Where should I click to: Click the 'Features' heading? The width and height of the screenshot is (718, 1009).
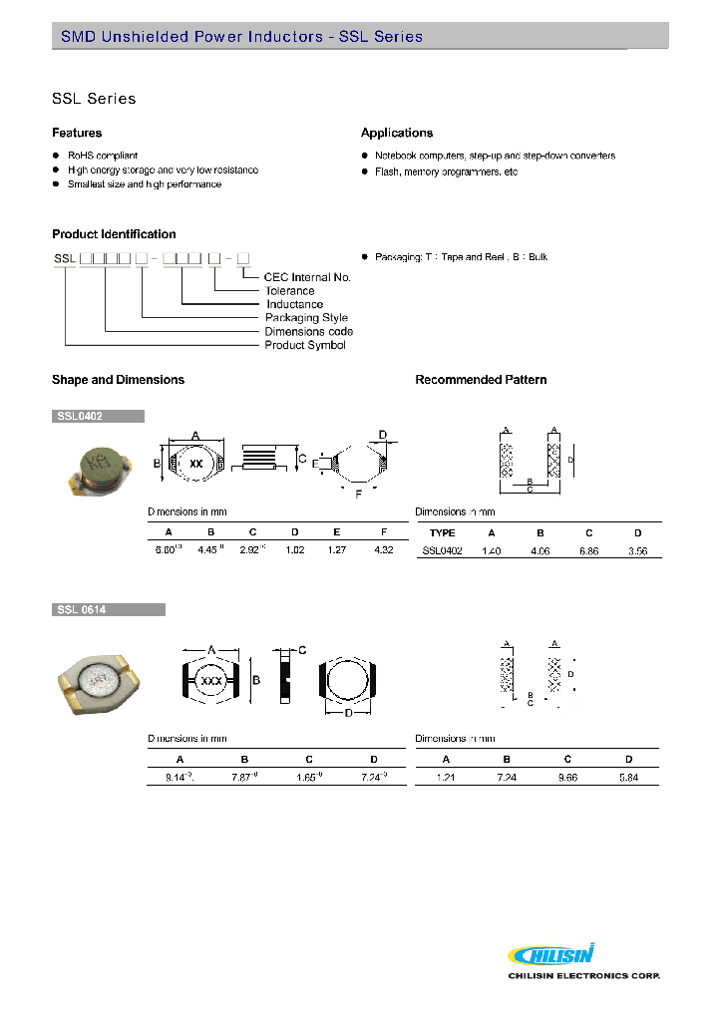[x=77, y=133]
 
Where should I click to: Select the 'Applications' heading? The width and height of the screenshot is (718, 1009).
[x=397, y=133]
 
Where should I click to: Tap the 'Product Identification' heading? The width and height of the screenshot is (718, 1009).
[x=114, y=234]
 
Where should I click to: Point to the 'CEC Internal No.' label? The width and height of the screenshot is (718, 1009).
[x=307, y=277]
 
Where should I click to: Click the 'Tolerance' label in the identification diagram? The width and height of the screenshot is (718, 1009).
[x=289, y=291]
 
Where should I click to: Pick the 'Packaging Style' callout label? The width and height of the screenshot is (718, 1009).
[x=306, y=318]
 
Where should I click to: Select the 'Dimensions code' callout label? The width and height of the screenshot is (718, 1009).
[x=308, y=332]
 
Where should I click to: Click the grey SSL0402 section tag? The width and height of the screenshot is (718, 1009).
[x=98, y=416]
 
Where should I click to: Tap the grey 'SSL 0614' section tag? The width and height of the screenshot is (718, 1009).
[x=108, y=609]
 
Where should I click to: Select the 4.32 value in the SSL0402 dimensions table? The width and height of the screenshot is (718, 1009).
[x=383, y=550]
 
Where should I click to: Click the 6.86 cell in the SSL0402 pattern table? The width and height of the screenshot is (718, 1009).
[x=589, y=550]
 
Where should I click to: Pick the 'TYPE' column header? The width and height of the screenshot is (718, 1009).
[x=442, y=533]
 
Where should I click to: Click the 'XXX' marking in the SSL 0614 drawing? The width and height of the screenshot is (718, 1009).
[x=211, y=682]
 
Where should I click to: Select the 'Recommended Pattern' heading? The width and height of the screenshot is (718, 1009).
[x=481, y=380]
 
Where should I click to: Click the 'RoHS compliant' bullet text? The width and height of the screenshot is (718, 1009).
[x=103, y=156]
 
